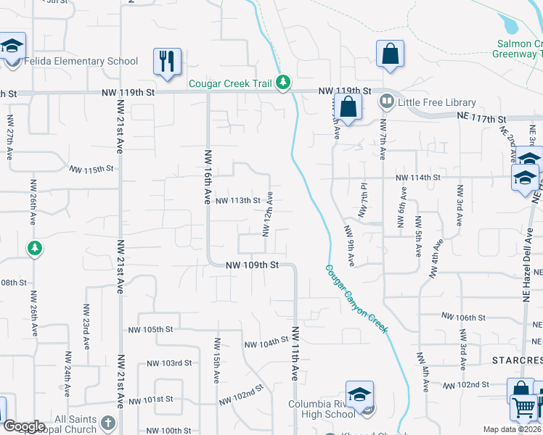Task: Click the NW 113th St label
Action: tap(237, 201)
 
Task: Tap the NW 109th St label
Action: tap(252, 265)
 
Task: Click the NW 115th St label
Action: tap(92, 170)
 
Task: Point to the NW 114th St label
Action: tap(418, 178)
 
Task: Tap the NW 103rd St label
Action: tap(168, 362)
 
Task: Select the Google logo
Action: tap(24, 426)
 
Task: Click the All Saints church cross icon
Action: tap(107, 422)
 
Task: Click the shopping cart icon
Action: tap(523, 407)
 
